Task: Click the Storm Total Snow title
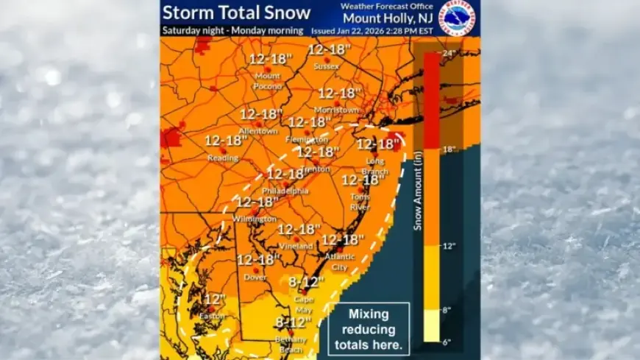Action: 236,13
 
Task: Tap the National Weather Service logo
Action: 457,17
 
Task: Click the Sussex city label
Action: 326,66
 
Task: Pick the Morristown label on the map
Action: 336,110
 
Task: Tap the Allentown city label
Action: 258,130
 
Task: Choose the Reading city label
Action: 223,158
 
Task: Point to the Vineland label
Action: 296,246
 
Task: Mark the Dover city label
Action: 255,277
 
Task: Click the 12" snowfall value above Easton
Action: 215,299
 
